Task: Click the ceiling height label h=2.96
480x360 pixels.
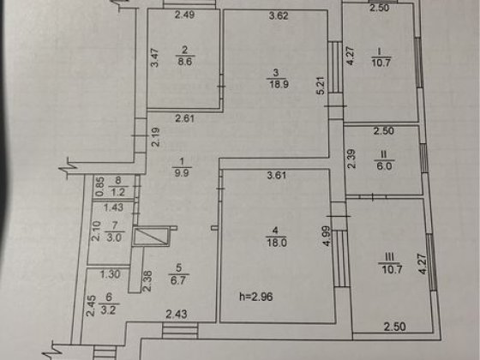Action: [256, 297]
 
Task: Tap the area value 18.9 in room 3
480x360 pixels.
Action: [279, 84]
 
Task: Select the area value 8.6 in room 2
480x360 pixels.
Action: [184, 61]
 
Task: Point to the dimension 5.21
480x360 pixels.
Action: [321, 86]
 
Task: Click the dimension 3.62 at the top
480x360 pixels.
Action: [279, 15]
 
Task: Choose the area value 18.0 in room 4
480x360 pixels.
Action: [276, 243]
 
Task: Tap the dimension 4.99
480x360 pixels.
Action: [327, 236]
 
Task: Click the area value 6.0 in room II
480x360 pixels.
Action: [385, 166]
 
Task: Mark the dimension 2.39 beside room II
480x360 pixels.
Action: [352, 159]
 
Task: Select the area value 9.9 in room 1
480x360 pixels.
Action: [182, 173]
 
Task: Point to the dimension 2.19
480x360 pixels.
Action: [156, 137]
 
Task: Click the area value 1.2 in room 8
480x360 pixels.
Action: [118, 192]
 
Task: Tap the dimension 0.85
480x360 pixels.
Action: [99, 187]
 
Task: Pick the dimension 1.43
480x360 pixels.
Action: [113, 207]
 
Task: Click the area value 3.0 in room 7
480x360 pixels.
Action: [115, 237]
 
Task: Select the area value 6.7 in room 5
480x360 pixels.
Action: [178, 280]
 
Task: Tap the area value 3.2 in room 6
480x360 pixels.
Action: [108, 310]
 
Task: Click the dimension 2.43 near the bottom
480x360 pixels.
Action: [177, 314]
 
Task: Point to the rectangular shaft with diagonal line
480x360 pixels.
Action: [151, 237]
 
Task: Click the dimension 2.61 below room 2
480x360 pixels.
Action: [185, 118]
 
